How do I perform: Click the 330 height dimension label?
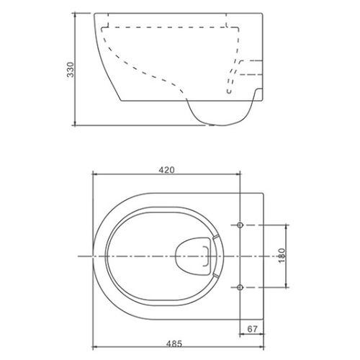click(x=71, y=70)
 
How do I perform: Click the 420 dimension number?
click(x=166, y=170)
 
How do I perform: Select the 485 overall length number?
click(x=174, y=343)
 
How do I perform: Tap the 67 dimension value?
click(x=252, y=329)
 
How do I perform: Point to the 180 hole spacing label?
click(x=282, y=256)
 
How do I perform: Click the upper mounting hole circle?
click(x=240, y=225)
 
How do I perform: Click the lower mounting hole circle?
click(x=240, y=287)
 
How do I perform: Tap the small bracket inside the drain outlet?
click(x=207, y=256)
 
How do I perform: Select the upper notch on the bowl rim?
click(x=216, y=237)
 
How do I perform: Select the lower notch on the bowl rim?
click(x=216, y=275)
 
